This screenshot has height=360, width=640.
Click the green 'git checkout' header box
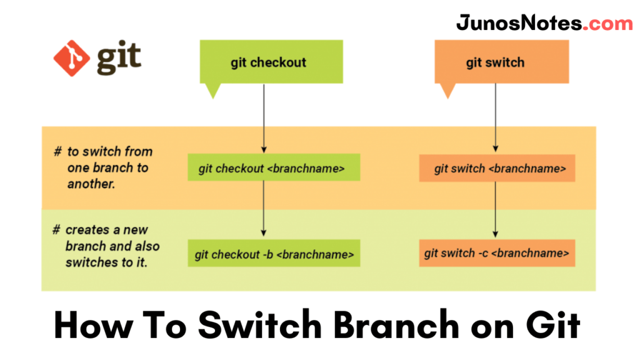coord(271,62)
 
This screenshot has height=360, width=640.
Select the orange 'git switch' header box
coord(501,62)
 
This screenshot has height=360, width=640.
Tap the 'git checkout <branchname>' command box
coord(274,168)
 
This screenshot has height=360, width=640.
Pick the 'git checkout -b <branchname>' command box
coord(274,254)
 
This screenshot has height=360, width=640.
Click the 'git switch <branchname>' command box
coord(497,169)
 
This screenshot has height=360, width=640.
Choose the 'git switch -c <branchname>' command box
coord(497,253)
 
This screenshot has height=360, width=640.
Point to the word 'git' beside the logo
coord(119,57)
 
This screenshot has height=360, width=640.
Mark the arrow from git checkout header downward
coord(264,119)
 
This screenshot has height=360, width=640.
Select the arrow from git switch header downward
coord(496,119)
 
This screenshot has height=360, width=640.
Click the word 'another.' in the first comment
coord(91,184)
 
